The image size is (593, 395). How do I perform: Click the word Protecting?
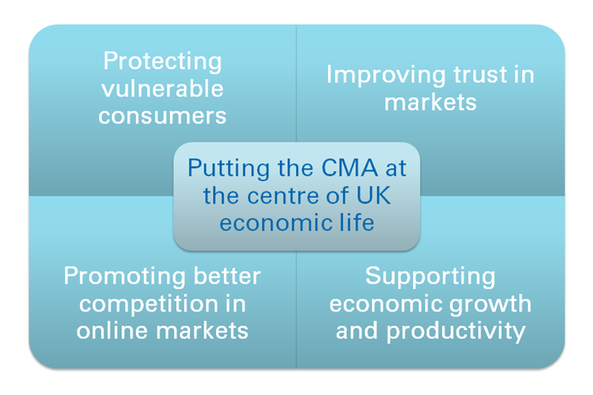pyautogui.click(x=162, y=61)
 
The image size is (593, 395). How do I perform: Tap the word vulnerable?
pyautogui.click(x=162, y=88)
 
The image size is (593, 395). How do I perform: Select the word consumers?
pyautogui.click(x=162, y=115)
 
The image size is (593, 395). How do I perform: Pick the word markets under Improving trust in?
pyautogui.click(x=430, y=102)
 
